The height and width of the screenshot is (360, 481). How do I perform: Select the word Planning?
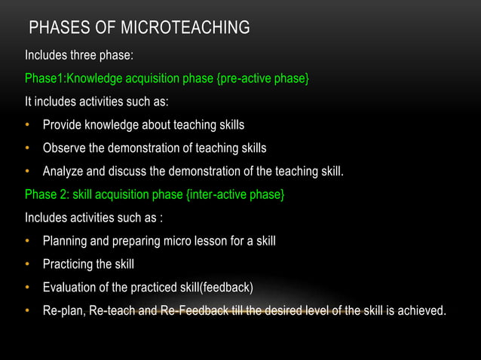pos(66,242)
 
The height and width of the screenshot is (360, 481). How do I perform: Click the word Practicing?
pos(69,265)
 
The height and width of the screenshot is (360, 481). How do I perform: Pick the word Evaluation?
pos(69,288)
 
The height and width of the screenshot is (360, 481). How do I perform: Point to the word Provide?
pos(63,124)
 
